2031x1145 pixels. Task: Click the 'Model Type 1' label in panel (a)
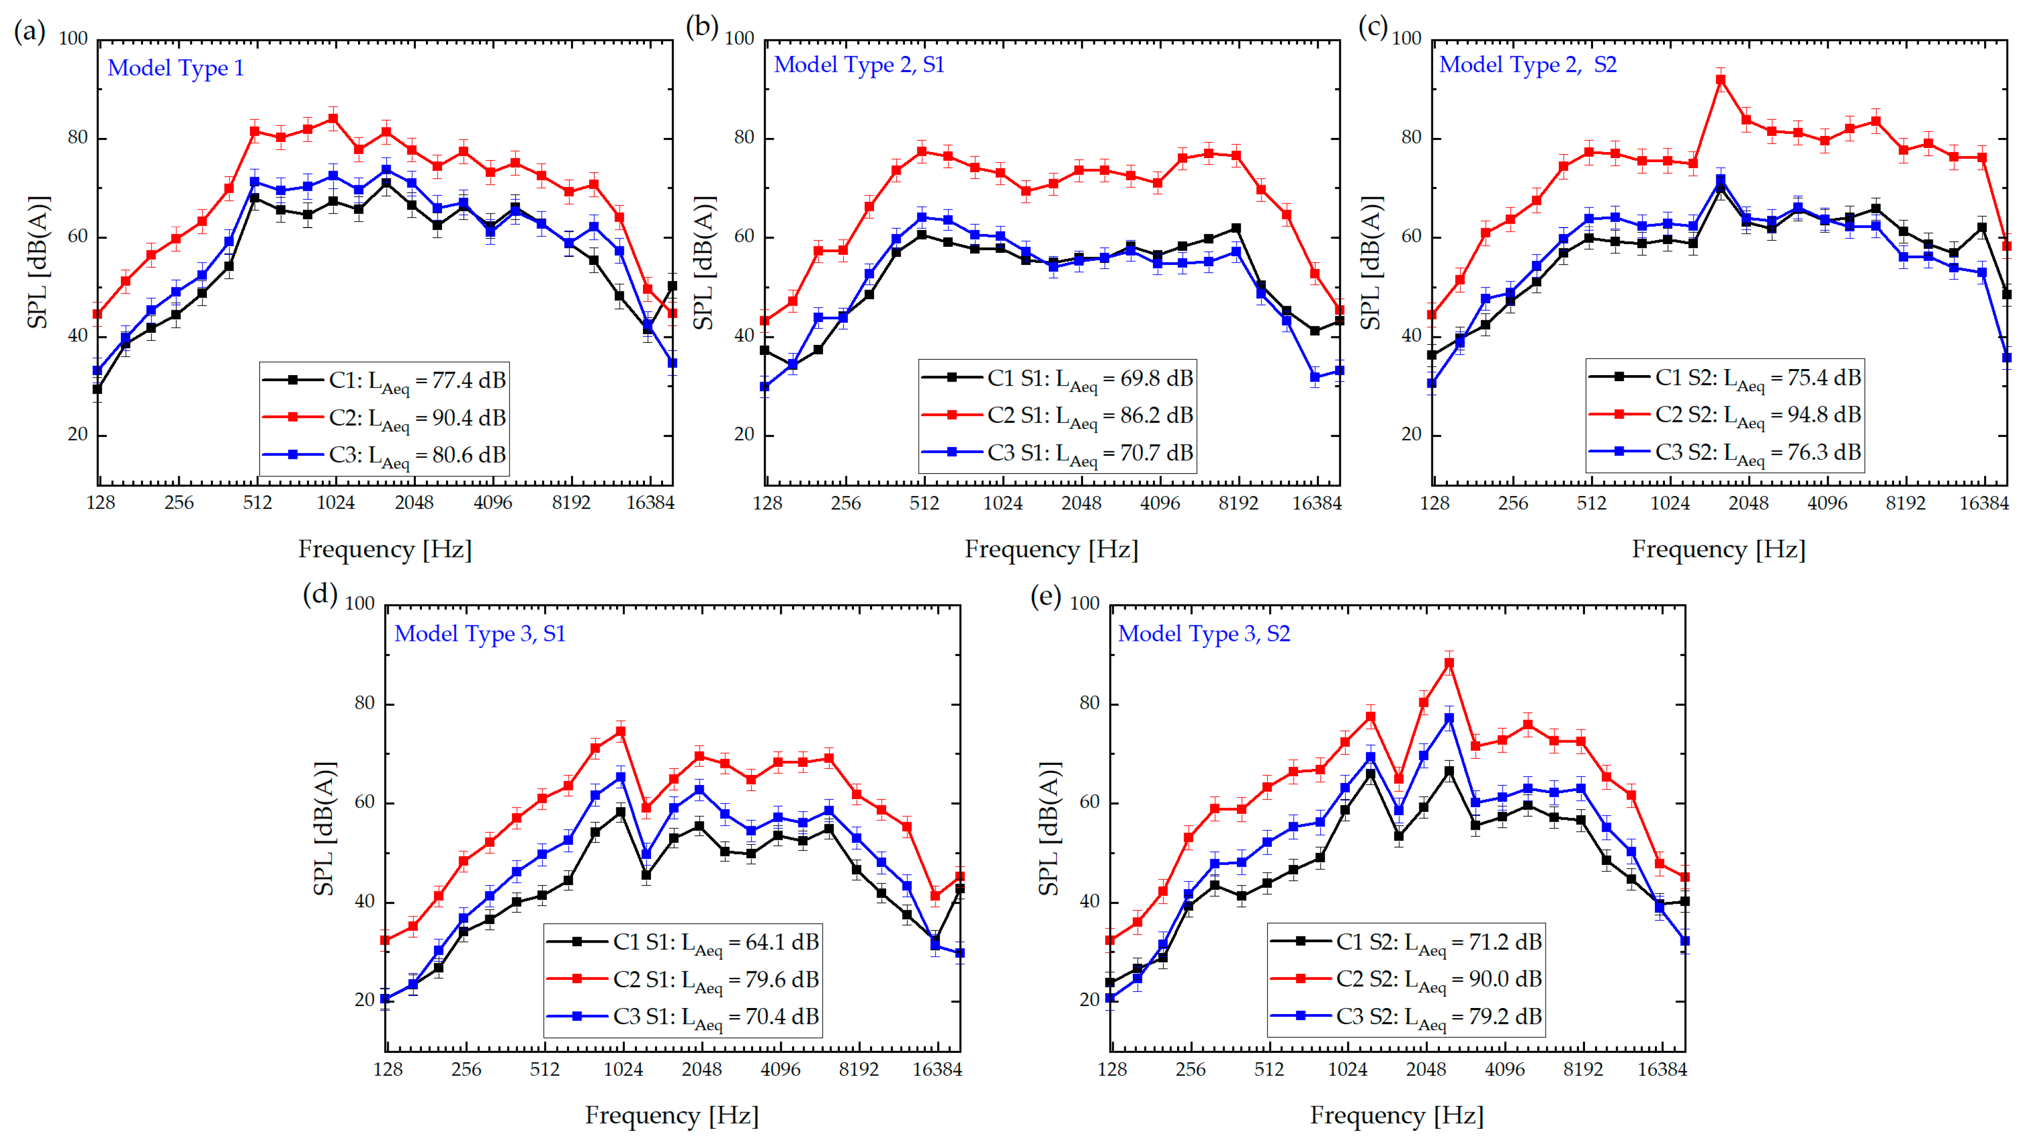pyautogui.click(x=175, y=68)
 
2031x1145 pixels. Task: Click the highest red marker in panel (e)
pyautogui.click(x=1449, y=663)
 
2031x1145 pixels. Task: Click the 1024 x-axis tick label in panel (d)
pyautogui.click(x=623, y=1069)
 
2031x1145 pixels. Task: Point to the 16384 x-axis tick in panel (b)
pyautogui.click(x=1316, y=503)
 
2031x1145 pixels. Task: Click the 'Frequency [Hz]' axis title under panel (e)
pyautogui.click(x=1396, y=1115)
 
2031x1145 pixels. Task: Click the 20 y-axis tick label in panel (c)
pyautogui.click(x=1411, y=435)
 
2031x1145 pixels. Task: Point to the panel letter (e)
pyautogui.click(x=1046, y=596)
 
